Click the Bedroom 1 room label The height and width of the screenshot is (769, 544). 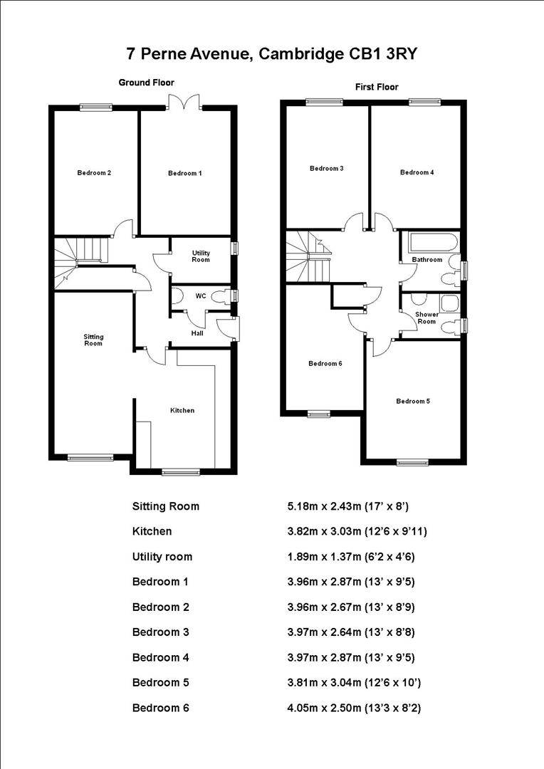[x=184, y=174]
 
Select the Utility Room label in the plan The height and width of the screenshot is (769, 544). [x=201, y=256]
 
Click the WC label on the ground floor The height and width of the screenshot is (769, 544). [x=201, y=295]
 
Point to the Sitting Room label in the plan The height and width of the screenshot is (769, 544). [x=93, y=340]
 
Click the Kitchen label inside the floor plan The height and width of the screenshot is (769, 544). [x=182, y=410]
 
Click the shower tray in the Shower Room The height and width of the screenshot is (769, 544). [x=449, y=304]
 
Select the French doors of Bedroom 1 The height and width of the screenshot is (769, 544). [x=185, y=103]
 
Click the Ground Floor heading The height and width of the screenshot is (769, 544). [x=146, y=83]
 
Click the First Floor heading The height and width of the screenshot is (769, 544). [x=377, y=87]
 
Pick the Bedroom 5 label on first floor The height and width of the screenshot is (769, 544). [x=413, y=401]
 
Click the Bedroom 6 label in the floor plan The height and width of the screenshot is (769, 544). [x=325, y=363]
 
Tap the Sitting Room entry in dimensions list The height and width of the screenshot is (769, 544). [x=166, y=506]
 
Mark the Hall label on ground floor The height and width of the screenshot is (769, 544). [x=197, y=333]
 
